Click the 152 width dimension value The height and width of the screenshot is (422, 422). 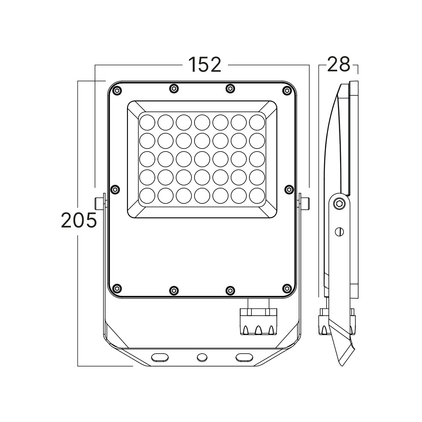[205, 65]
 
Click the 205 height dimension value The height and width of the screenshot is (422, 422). [79, 220]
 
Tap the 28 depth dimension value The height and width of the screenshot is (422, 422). [338, 65]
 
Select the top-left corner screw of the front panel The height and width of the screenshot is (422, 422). [117, 91]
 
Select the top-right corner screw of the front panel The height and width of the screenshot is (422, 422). [287, 91]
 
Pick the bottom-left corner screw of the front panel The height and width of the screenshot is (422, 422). [117, 289]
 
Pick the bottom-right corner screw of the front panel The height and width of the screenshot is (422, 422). [287, 289]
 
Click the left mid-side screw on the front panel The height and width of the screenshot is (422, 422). [115, 189]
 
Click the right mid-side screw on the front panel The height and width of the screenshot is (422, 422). [289, 189]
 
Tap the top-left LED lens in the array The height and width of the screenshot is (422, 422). [147, 122]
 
